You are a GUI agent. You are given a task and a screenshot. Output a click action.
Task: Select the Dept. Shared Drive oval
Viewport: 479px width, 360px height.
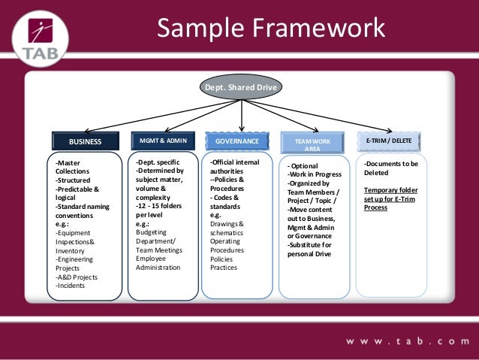241,88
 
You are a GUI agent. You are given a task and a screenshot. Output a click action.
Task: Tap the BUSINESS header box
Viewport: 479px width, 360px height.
86,141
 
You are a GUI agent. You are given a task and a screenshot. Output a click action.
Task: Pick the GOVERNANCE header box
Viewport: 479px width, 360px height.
237,141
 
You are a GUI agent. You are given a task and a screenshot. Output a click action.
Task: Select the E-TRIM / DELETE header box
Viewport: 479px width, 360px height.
389,141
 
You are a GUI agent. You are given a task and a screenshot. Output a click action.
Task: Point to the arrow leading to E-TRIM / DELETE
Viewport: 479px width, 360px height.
330,116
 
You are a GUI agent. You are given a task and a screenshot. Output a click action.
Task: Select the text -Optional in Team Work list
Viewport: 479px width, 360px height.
305,165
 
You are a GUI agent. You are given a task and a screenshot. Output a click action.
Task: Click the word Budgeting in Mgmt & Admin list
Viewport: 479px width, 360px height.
152,232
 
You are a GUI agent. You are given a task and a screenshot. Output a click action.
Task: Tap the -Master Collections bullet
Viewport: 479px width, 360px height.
73,167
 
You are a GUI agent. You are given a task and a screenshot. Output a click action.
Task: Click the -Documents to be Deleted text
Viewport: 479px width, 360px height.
390,167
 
